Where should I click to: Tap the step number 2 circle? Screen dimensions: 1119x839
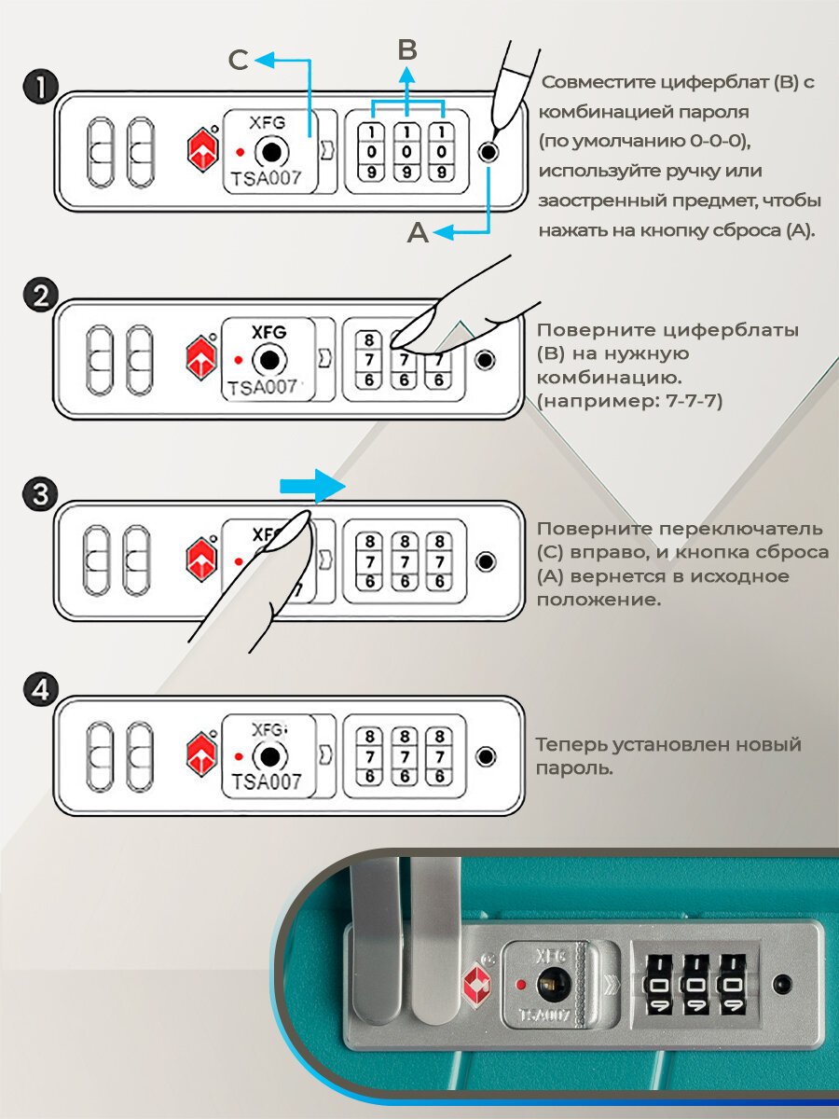click(39, 297)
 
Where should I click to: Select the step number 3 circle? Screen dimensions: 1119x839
click(39, 494)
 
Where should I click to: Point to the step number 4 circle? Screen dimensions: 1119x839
click(39, 691)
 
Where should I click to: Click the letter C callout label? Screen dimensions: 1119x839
click(239, 61)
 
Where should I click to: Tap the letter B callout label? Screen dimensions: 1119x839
click(406, 50)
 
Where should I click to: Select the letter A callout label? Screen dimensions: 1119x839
click(418, 233)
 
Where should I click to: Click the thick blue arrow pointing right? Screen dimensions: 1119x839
click(311, 486)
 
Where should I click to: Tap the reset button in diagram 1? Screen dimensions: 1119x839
click(488, 153)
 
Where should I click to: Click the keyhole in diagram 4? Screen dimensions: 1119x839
click(268, 755)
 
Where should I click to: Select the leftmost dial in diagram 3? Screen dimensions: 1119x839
click(370, 561)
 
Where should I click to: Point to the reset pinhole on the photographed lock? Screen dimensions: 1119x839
click(782, 982)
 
